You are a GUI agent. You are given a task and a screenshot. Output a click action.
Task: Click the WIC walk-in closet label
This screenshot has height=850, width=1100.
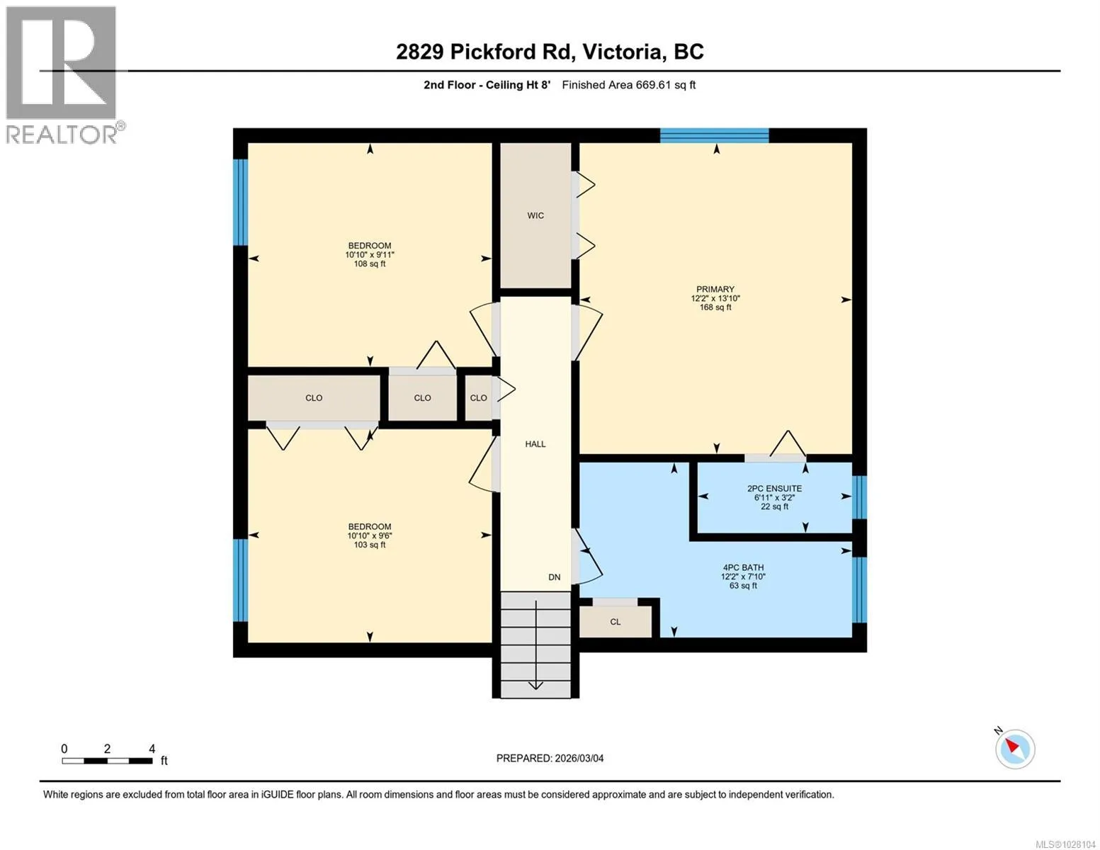point(535,215)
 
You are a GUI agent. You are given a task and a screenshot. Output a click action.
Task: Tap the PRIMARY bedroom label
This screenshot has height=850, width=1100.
point(715,289)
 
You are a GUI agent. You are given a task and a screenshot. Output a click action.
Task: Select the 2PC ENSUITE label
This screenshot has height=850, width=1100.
point(774,489)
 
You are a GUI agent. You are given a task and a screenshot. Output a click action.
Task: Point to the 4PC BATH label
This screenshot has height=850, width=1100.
point(743,567)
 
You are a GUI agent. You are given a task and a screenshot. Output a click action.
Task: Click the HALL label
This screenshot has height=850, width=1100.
point(535,444)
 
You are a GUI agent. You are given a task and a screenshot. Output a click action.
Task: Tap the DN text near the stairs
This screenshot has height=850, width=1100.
point(555,577)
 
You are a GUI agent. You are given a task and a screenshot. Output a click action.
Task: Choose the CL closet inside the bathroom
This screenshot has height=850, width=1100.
point(615,622)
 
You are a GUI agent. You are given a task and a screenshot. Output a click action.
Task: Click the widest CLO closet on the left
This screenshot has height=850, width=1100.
point(314,398)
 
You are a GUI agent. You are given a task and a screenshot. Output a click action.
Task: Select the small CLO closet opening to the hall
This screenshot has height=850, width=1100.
point(478,398)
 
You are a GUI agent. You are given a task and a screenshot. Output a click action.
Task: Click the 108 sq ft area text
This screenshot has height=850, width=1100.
point(370,263)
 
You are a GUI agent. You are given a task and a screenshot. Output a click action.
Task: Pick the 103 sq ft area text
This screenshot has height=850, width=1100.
point(370,545)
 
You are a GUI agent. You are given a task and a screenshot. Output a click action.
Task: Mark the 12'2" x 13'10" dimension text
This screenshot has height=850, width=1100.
point(715,298)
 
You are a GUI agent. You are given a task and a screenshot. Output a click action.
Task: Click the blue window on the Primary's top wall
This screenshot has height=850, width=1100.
point(714,136)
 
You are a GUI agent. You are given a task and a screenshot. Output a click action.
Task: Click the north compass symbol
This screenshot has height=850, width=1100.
point(1015,749)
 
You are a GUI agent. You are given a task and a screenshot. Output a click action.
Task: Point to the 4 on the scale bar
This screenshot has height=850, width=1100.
point(152,748)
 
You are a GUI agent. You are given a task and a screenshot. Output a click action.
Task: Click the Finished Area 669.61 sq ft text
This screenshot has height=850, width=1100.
point(629,85)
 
